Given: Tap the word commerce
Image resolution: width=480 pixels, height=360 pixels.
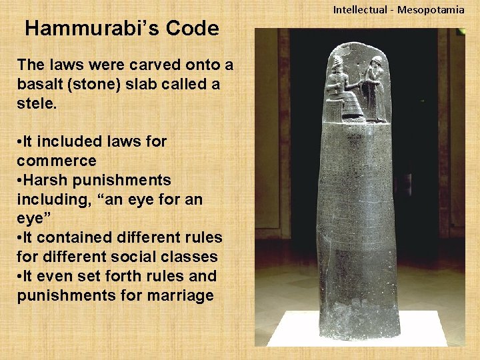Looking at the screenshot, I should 57,161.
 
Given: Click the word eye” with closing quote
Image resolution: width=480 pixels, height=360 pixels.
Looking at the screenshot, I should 33,218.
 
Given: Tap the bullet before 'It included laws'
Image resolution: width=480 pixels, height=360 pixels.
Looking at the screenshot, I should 20,142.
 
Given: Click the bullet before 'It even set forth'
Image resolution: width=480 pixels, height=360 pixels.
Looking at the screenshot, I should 20,276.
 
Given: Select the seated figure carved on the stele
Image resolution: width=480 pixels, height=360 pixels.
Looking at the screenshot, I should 347,90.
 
